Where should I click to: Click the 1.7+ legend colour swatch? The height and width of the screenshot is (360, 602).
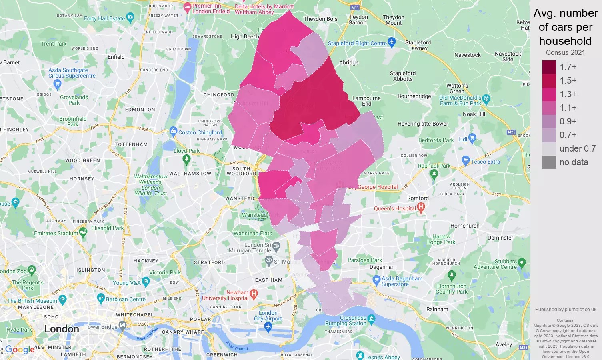click(x=549, y=67)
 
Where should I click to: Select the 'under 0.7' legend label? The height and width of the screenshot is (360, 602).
click(x=577, y=149)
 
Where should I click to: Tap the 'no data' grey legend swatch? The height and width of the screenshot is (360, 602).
click(x=549, y=162)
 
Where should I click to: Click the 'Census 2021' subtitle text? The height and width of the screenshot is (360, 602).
click(x=565, y=53)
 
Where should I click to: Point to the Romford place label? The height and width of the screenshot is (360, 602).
click(x=418, y=198)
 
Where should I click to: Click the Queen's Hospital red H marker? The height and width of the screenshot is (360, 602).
click(x=420, y=208)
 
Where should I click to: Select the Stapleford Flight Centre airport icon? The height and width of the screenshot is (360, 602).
click(x=392, y=42)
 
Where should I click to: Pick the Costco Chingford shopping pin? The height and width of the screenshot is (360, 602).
click(x=173, y=131)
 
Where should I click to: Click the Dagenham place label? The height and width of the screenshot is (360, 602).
click(x=383, y=267)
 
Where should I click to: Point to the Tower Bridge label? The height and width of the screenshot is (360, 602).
click(x=101, y=327)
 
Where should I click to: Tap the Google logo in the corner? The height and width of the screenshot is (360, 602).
click(x=20, y=350)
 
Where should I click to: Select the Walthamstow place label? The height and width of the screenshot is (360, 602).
click(x=190, y=174)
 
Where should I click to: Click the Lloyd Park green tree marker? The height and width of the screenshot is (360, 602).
click(x=186, y=159)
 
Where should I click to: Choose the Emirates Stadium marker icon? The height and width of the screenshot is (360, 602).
click(x=83, y=232)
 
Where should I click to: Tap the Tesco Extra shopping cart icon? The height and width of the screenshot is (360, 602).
click(x=466, y=160)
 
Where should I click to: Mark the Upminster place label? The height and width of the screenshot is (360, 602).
click(x=500, y=238)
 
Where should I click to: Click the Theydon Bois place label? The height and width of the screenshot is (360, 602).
click(x=320, y=19)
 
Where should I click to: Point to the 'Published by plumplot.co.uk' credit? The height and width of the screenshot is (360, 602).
click(x=566, y=310)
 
